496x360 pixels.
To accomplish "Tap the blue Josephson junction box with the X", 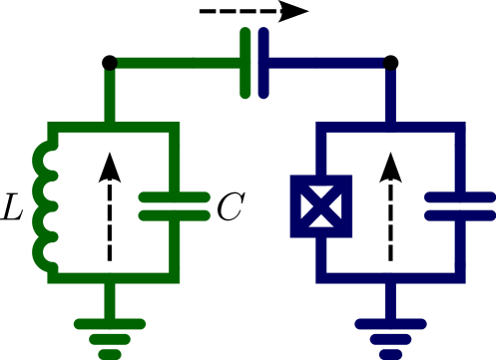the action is (320, 206).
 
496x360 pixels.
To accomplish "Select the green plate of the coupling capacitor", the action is (246, 63).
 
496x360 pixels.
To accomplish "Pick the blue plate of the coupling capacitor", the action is (262, 63).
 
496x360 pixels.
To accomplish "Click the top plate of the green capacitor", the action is (175, 197).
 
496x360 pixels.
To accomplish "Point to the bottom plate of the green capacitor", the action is (175, 214).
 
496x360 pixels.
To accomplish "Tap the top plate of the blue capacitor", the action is (460, 197).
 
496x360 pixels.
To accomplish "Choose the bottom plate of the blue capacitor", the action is (460, 214).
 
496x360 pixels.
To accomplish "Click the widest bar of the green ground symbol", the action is (110, 324).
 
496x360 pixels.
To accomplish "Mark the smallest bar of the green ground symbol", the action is (110, 353).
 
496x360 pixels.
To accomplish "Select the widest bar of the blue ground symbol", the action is (390, 324).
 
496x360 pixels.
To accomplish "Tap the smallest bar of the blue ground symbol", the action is (390, 353).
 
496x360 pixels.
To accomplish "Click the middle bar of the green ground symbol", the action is (110, 339).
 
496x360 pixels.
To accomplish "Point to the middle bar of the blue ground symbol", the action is (390, 339).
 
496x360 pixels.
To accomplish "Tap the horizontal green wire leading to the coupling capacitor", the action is (175, 63).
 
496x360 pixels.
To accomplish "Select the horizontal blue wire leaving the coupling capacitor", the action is (324, 63).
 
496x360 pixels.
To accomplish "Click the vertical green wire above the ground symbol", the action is (110, 300).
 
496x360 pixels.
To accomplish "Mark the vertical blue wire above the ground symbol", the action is (390, 300).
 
